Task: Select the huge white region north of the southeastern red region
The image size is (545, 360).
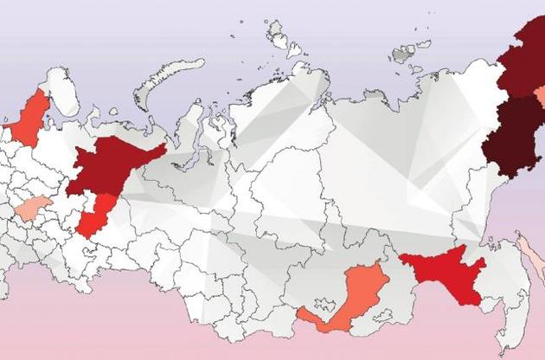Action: click(x=381, y=173)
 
